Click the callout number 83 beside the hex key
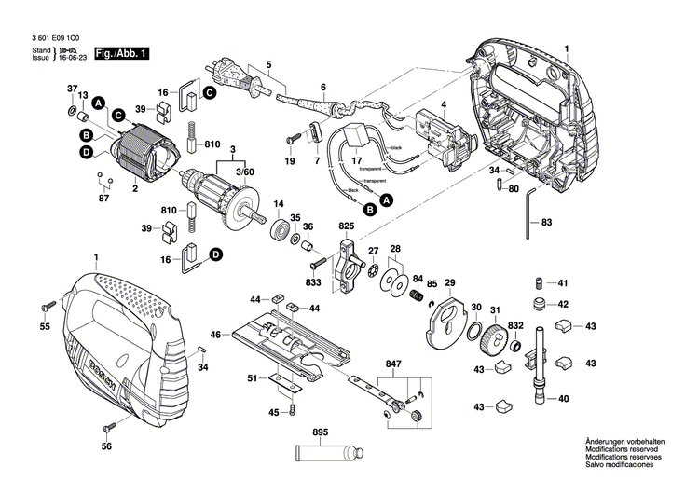click(547, 222)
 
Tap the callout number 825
click(347, 226)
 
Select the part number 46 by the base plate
click(214, 334)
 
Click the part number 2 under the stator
click(135, 189)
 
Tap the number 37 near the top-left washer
click(71, 89)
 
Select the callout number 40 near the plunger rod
click(562, 399)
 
